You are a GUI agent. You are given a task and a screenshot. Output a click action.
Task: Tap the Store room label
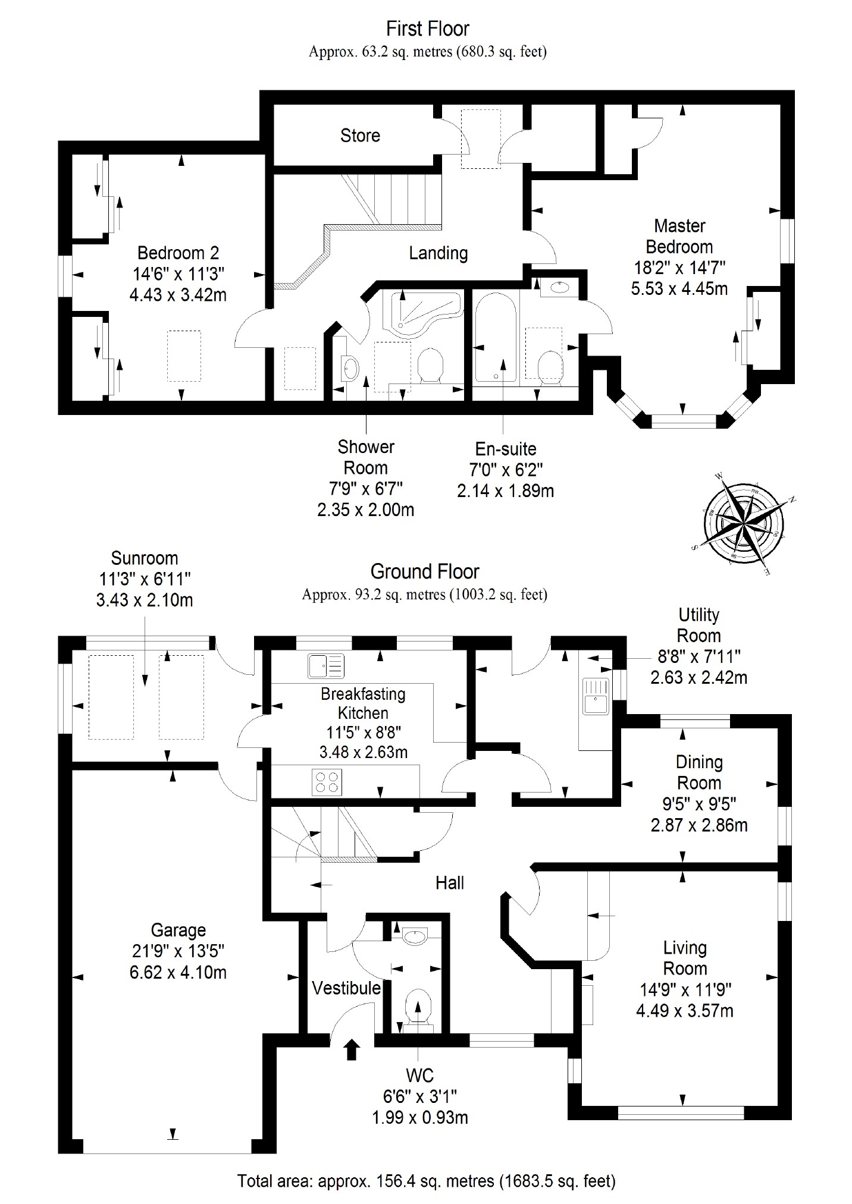tap(360, 136)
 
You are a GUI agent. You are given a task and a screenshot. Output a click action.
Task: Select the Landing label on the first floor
tap(438, 253)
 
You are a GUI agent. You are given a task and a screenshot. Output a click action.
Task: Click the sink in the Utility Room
tap(595, 695)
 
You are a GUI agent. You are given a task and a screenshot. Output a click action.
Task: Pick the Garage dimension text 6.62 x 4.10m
tap(178, 973)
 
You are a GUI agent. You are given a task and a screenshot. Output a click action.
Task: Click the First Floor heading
tap(427, 29)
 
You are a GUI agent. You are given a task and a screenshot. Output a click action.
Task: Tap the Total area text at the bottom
tap(426, 1181)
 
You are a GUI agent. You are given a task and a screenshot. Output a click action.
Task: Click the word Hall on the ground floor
tap(449, 883)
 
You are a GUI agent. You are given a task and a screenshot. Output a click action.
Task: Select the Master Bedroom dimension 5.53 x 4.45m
tap(679, 289)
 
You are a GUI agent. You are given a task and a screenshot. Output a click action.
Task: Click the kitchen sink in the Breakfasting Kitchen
tap(325, 666)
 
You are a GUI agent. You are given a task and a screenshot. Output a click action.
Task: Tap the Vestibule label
tap(346, 988)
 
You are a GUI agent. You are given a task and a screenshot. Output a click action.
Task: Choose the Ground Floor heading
tap(424, 572)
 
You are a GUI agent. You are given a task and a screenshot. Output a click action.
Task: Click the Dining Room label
tap(699, 772)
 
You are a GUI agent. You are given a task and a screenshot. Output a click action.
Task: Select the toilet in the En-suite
tap(550, 364)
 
